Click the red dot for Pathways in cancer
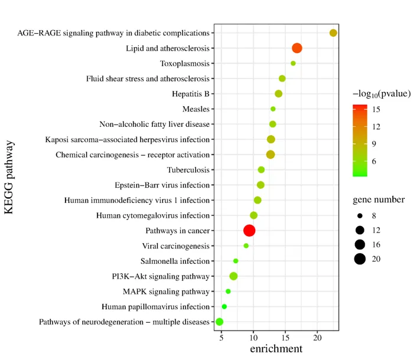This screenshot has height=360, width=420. [249, 230]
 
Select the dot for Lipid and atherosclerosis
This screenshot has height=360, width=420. [297, 48]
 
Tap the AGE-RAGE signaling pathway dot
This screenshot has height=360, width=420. [333, 33]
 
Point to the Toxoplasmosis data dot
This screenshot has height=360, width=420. [293, 63]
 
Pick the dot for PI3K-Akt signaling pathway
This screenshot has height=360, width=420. [233, 276]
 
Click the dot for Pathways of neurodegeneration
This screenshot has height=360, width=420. [219, 322]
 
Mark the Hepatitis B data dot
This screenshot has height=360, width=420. [279, 94]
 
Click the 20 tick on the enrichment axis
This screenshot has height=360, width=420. [317, 338]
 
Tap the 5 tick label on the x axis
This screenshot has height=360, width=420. [222, 338]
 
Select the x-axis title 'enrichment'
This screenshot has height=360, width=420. [276, 349]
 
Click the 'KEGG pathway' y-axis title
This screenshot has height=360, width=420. [9, 177]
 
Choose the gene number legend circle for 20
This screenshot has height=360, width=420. [360, 259]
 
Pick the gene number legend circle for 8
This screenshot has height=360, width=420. [360, 215]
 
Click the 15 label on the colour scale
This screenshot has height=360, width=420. [376, 109]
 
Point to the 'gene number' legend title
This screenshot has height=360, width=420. [379, 199]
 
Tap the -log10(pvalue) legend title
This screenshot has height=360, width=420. [382, 94]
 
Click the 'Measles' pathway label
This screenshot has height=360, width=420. [196, 109]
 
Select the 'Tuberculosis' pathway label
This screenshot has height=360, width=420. [188, 170]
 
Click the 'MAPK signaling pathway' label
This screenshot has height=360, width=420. [166, 292]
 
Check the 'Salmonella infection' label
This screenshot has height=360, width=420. [175, 261]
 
